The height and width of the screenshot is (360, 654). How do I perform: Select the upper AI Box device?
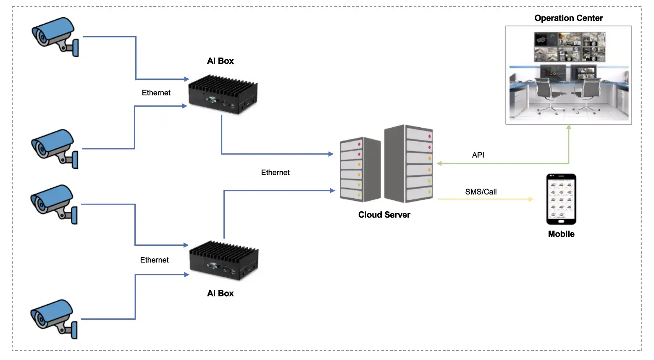click(223, 94)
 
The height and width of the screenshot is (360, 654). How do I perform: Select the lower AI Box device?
click(224, 260)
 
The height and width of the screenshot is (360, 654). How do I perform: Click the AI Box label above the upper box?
click(220, 61)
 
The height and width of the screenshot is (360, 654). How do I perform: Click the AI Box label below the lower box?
click(220, 293)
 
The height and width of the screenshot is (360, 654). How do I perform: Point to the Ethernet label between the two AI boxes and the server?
click(275, 173)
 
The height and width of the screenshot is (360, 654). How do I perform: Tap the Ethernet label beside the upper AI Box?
click(156, 93)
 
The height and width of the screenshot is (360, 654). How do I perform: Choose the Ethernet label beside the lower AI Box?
click(154, 260)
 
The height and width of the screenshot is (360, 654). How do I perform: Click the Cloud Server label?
click(384, 215)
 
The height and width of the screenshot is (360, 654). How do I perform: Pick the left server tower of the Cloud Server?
click(360, 170)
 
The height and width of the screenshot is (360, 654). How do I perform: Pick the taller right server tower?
click(409, 164)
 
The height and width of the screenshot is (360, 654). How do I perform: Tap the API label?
click(478, 155)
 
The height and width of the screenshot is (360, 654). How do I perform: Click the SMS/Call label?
click(481, 192)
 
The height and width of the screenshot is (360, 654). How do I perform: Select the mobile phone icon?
click(561, 199)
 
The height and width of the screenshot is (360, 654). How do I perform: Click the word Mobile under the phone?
click(561, 234)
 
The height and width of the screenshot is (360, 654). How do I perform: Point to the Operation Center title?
click(568, 18)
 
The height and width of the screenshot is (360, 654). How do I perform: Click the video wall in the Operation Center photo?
click(570, 47)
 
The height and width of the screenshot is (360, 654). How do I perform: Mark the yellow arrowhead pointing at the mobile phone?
click(531, 199)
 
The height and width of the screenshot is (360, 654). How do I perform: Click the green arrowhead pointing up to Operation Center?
click(569, 127)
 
